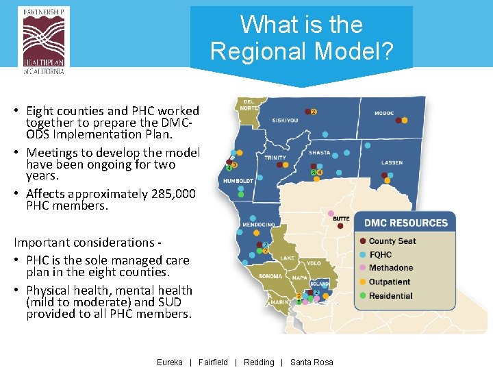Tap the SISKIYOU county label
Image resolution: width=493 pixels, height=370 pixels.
[285, 120]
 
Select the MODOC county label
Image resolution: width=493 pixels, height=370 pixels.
[384, 113]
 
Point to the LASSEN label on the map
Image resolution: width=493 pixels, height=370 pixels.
[392, 163]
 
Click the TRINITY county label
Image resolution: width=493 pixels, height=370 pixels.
[275, 158]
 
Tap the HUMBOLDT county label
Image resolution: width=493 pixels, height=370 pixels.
[238, 181]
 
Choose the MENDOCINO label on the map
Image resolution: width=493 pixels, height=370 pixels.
[259, 225]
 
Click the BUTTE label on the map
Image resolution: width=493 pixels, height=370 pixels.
[341, 219]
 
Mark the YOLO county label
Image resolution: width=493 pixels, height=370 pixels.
[314, 263]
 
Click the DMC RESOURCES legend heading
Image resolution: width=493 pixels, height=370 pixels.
[405, 223]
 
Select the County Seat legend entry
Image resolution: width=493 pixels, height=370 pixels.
[392, 241]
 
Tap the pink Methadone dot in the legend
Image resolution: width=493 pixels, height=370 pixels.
[362, 268]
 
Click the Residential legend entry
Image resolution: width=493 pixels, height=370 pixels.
[390, 296]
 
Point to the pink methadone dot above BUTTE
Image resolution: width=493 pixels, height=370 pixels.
[331, 213]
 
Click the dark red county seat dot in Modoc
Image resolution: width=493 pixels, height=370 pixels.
[395, 120]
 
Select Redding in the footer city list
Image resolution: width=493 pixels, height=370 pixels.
[259, 362]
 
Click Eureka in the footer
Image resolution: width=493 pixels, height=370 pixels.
[170, 362]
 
